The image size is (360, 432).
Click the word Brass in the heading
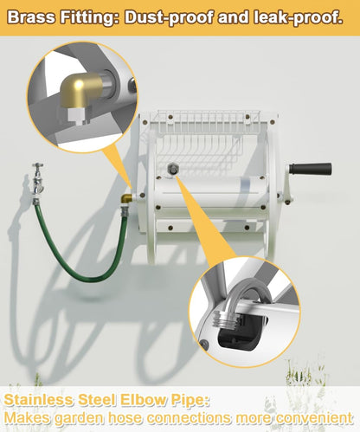[x=31, y=17]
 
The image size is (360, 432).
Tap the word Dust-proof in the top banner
[x=169, y=18]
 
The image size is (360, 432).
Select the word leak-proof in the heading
[x=299, y=18]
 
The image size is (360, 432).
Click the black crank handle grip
[x=311, y=169]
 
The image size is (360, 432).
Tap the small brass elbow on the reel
[x=126, y=199]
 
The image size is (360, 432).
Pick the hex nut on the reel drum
[x=172, y=169]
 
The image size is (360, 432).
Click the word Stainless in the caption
[x=39, y=400]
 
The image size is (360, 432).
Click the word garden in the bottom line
[x=78, y=418]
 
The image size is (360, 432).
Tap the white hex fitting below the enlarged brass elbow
[x=75, y=114]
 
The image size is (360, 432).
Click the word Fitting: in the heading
[x=89, y=18]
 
